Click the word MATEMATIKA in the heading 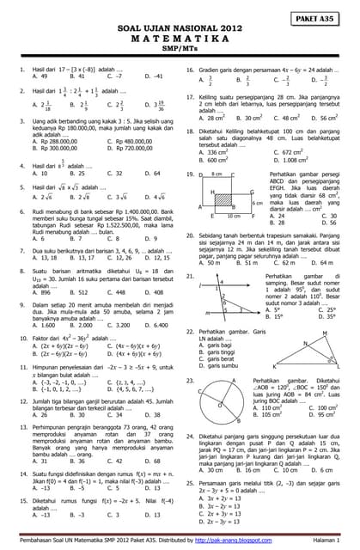(x=180, y=40)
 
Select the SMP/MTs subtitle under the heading (x=180, y=51)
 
